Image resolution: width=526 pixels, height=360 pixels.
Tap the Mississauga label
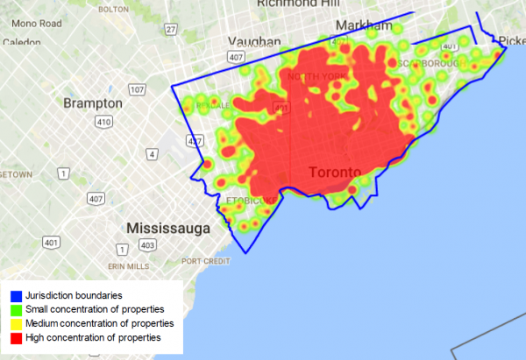pos(169,229)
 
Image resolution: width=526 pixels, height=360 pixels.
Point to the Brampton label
pos(93,103)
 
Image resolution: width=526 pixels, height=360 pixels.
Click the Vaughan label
pos(254,41)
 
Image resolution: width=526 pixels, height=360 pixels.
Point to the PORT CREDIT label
pos(205,261)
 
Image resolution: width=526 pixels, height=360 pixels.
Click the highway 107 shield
pos(137,89)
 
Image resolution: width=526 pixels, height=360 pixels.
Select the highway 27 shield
pos(171,29)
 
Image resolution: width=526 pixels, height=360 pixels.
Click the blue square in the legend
pos(17,295)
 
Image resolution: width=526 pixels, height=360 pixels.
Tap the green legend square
pos(17,309)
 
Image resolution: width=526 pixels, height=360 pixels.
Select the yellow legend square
pos(17,323)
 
